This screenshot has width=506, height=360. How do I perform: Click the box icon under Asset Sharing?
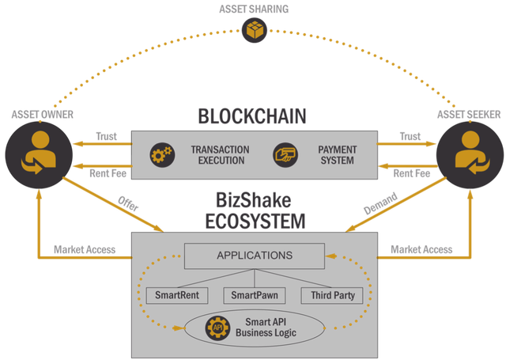pyautogui.click(x=255, y=30)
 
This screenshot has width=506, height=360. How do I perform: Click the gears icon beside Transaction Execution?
pyautogui.click(x=162, y=155)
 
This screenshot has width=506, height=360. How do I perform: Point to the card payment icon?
pyautogui.click(x=285, y=155)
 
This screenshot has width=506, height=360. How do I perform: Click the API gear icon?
pyautogui.click(x=218, y=328)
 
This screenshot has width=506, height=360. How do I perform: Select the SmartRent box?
pyautogui.click(x=177, y=295)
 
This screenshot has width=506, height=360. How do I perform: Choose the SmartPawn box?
pyautogui.click(x=255, y=295)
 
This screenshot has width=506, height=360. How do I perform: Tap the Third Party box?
pyautogui.click(x=332, y=295)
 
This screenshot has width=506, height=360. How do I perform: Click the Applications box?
pyautogui.click(x=255, y=256)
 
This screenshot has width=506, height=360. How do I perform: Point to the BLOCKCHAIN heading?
pyautogui.click(x=252, y=116)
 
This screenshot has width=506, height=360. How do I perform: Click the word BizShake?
pyautogui.click(x=253, y=200)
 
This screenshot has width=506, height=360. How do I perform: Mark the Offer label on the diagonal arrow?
pyautogui.click(x=128, y=203)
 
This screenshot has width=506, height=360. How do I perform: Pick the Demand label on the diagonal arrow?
pyautogui.click(x=380, y=203)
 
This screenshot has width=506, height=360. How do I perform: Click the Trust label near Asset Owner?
pyautogui.click(x=106, y=136)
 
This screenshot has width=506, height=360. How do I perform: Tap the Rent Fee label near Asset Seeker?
pyautogui.click(x=412, y=173)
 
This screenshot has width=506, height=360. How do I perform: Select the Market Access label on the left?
pyautogui.click(x=85, y=249)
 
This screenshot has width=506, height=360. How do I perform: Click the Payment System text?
pyautogui.click(x=338, y=155)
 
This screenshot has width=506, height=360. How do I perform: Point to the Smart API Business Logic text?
pyautogui.click(x=266, y=328)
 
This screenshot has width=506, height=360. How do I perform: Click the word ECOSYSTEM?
pyautogui.click(x=255, y=222)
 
